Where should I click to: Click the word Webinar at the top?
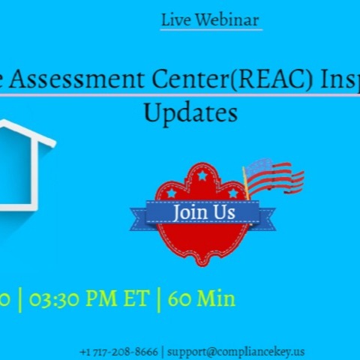[228, 20]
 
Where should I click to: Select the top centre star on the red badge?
[202, 176]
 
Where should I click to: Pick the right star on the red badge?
[233, 193]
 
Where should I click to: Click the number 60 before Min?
[179, 299]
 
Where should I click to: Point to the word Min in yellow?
[216, 299]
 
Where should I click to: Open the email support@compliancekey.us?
[236, 351]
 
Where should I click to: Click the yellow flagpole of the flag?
[245, 184]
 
